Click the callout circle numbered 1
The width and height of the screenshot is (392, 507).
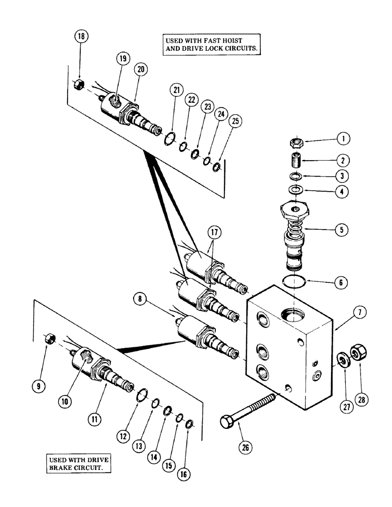346,138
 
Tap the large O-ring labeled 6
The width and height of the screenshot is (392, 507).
294,281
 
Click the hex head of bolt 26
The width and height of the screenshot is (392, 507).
226,422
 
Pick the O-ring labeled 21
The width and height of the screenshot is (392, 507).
171,137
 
